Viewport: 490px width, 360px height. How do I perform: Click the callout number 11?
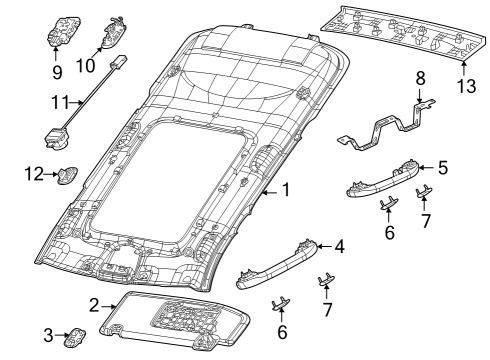[x=59, y=102]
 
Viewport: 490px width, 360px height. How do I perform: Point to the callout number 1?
[x=285, y=189]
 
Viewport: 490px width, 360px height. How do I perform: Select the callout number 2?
[x=93, y=304]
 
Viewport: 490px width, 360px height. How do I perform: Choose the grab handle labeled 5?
[x=385, y=179]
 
